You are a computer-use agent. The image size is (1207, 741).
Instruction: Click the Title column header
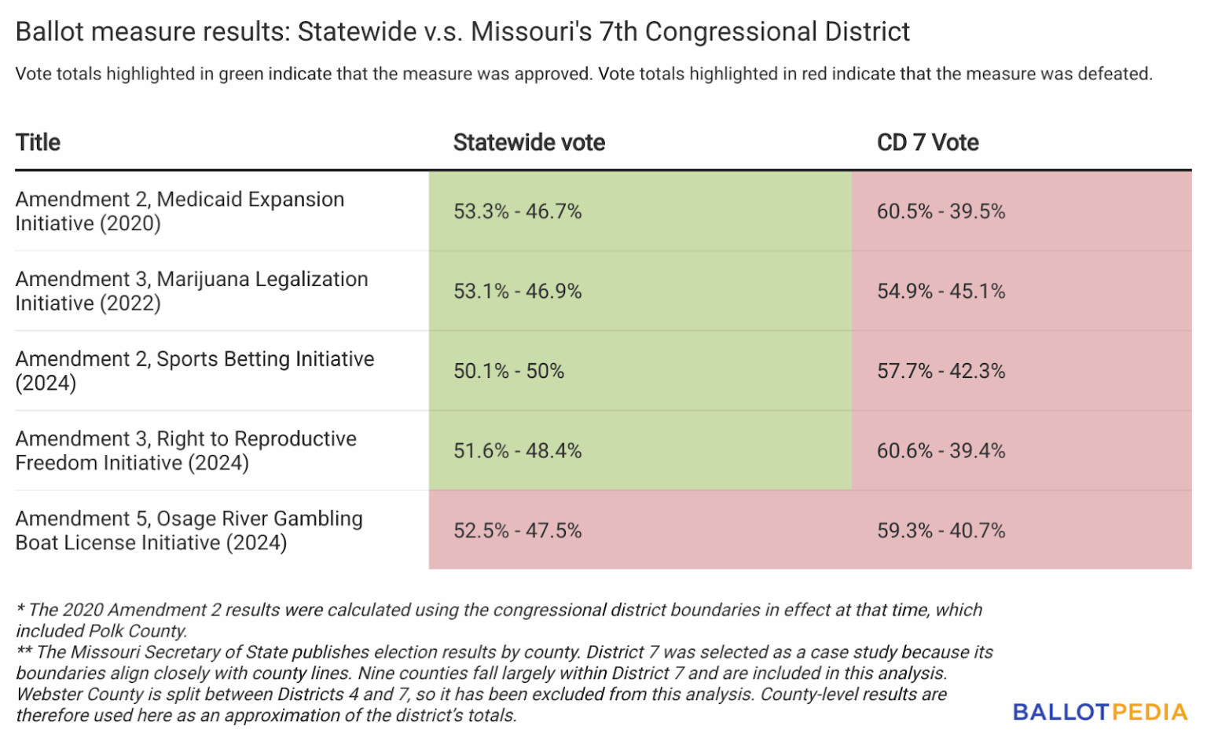(x=38, y=142)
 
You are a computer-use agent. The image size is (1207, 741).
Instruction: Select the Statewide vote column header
(x=529, y=142)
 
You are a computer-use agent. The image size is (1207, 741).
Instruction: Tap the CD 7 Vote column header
(x=927, y=142)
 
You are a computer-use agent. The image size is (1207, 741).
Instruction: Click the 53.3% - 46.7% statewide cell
(x=517, y=211)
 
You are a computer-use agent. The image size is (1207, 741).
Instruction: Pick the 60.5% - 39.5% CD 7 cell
(x=941, y=211)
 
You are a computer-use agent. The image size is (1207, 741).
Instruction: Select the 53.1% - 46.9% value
(x=517, y=292)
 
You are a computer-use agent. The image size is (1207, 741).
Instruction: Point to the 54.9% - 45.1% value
(x=941, y=292)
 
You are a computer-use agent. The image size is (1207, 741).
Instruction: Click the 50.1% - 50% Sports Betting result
(x=508, y=371)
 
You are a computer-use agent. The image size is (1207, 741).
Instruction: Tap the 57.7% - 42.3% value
(x=941, y=371)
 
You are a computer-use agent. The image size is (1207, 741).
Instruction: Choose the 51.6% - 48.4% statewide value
(x=517, y=451)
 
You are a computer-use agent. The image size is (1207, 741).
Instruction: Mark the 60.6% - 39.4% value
(x=941, y=451)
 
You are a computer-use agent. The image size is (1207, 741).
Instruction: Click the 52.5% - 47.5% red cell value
(x=517, y=531)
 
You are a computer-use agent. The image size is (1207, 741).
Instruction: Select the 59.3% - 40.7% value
(x=941, y=531)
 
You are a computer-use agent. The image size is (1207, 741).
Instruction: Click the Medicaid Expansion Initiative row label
(x=179, y=211)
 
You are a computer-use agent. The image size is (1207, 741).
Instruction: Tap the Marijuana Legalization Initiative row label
(x=191, y=292)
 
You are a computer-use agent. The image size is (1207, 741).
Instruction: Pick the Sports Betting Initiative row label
(x=194, y=371)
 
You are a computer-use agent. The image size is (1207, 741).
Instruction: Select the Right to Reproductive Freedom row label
(x=185, y=451)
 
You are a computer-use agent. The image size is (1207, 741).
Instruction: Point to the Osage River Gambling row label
(x=189, y=531)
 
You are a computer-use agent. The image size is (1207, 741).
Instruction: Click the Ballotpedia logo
(x=1099, y=712)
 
